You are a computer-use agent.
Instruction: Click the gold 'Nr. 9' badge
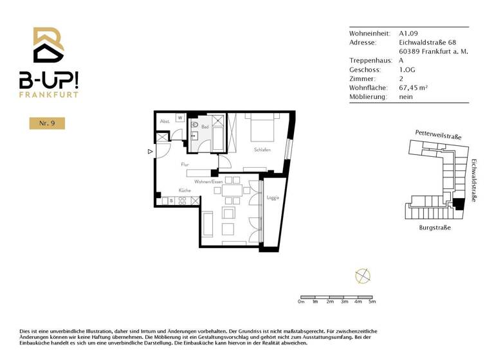click(47, 123)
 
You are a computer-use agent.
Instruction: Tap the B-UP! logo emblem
click(48, 46)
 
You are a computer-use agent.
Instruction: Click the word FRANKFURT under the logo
click(48, 94)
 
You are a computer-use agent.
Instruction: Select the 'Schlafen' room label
click(262, 150)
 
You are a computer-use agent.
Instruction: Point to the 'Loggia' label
click(272, 198)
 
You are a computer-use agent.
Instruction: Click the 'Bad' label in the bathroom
click(205, 127)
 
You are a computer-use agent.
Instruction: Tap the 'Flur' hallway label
click(185, 165)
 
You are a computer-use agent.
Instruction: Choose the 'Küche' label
click(185, 191)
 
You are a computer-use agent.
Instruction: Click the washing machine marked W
click(180, 118)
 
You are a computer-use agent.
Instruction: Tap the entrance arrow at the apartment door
click(150, 152)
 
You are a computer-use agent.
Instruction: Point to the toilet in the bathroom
click(195, 125)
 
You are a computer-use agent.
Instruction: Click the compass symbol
click(363, 276)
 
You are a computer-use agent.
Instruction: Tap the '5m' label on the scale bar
click(372, 301)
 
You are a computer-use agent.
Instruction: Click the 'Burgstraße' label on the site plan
click(435, 228)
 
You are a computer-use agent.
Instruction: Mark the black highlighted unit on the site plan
click(458, 204)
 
